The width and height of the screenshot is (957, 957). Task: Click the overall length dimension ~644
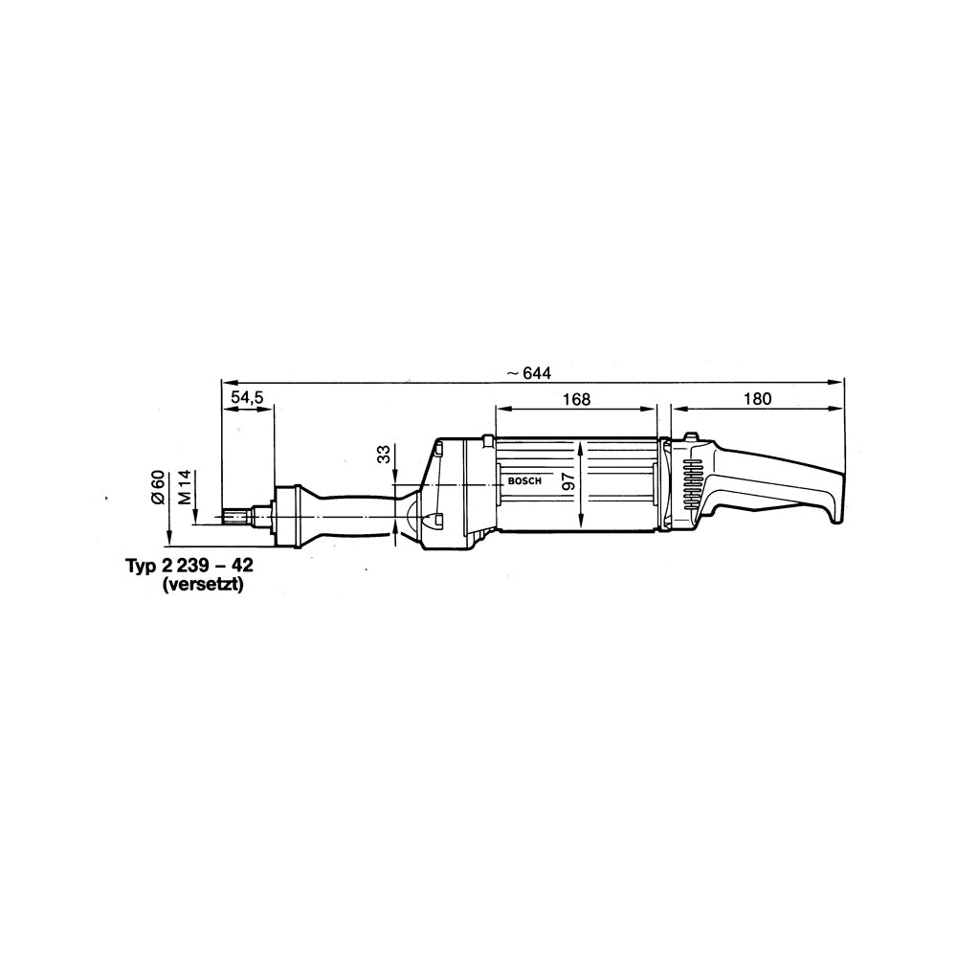coord(528,373)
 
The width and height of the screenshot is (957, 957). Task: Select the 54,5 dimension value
coord(247,397)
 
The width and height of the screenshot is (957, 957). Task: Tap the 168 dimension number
coord(577,399)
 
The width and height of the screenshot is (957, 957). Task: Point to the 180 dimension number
coord(757,399)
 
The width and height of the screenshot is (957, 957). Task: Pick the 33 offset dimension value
coord(384,454)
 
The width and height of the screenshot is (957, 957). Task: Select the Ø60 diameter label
coord(159,487)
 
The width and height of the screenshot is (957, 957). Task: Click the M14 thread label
coord(186,486)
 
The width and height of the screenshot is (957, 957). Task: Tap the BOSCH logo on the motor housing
coord(524,481)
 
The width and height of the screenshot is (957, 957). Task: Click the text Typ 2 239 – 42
coord(189,565)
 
